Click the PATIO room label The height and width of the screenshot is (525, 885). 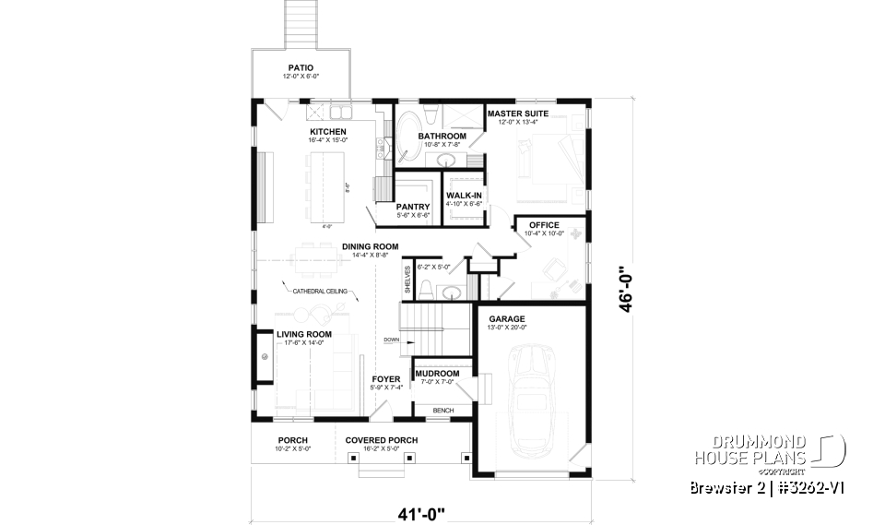click(300, 67)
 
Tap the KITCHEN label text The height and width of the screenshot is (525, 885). click(327, 132)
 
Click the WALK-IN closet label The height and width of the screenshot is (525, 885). click(464, 196)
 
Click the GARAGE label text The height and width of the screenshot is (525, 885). click(507, 319)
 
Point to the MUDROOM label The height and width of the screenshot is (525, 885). click(437, 374)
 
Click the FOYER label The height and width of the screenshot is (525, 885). click(385, 378)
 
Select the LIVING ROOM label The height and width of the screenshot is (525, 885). click(304, 334)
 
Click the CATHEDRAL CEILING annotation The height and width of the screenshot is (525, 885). click(320, 292)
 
